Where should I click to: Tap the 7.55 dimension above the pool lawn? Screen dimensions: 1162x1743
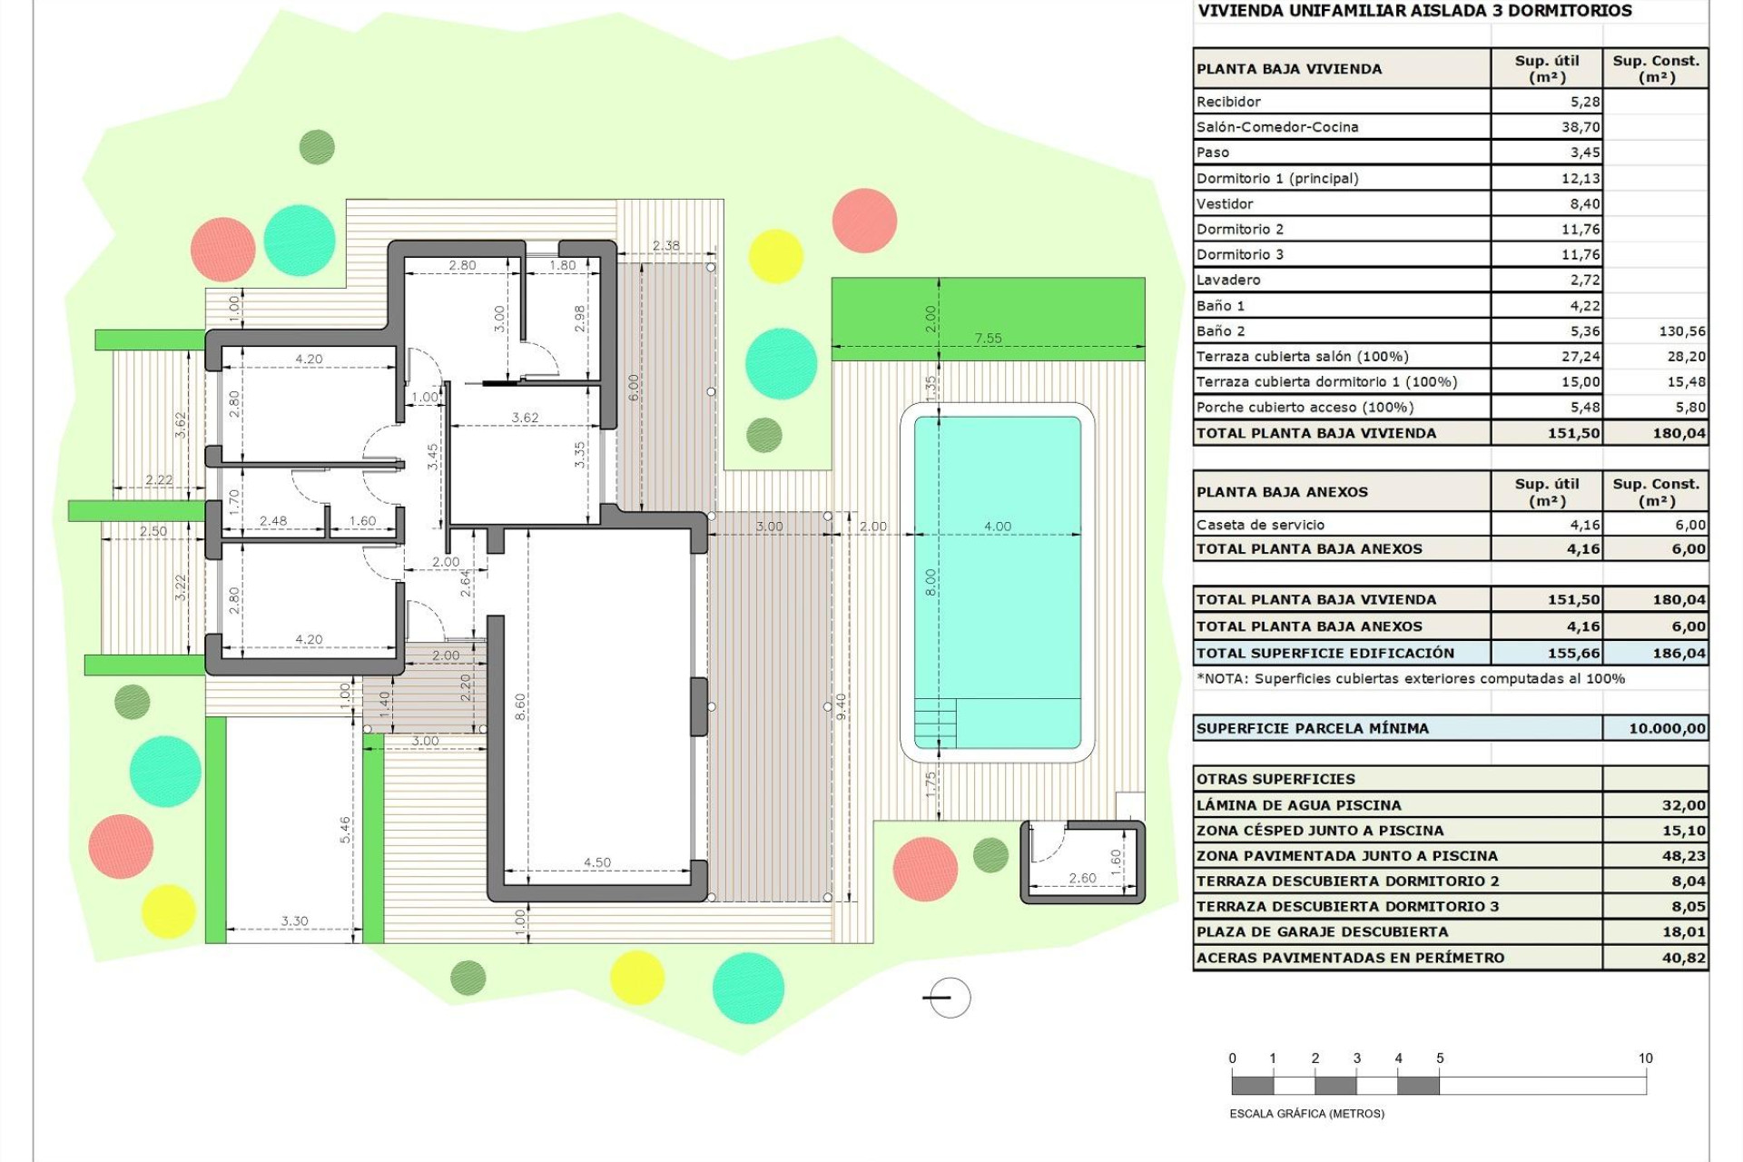(x=988, y=339)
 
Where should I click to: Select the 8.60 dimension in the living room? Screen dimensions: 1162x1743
(x=520, y=706)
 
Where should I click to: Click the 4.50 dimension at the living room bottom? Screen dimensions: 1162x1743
(x=596, y=862)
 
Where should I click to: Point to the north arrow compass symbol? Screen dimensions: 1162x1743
(x=950, y=998)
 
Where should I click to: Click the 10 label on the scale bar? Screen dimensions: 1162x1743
(x=1645, y=1059)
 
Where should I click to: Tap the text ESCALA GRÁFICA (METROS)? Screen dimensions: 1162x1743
(x=1306, y=1114)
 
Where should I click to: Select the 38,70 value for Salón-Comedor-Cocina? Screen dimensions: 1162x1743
(x=1580, y=127)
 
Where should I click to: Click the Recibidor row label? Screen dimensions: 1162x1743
(x=1228, y=102)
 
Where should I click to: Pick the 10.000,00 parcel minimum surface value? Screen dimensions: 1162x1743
(x=1666, y=728)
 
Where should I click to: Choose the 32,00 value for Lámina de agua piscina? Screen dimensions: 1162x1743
(x=1683, y=805)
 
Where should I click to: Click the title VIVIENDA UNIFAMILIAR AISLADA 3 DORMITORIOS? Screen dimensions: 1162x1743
(x=1414, y=11)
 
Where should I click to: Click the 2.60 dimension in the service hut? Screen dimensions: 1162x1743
(x=1082, y=878)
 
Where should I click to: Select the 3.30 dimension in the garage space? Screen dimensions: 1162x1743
(x=294, y=921)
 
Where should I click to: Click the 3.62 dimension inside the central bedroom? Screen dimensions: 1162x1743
(x=525, y=418)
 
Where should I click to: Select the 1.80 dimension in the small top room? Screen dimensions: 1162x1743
(x=562, y=265)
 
